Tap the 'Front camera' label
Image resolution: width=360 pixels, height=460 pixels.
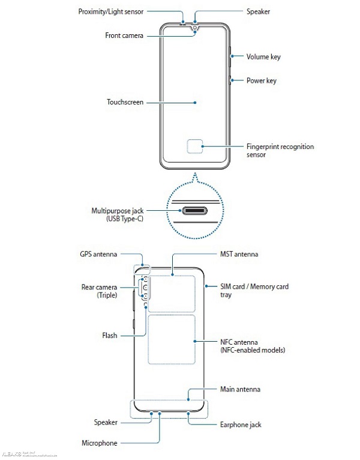tap(124, 36)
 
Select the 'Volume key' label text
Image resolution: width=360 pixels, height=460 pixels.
tap(263, 57)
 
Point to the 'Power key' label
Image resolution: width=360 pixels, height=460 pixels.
tap(261, 80)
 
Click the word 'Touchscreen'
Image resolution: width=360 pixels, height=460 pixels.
tap(125, 103)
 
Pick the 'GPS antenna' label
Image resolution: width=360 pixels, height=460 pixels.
tap(98, 254)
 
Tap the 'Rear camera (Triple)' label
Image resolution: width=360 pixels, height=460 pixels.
tap(98, 291)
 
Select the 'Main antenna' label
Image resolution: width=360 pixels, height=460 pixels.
tap(240, 389)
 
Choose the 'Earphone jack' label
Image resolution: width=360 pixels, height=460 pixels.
tap(241, 425)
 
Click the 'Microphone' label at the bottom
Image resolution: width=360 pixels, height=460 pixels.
tap(99, 443)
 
